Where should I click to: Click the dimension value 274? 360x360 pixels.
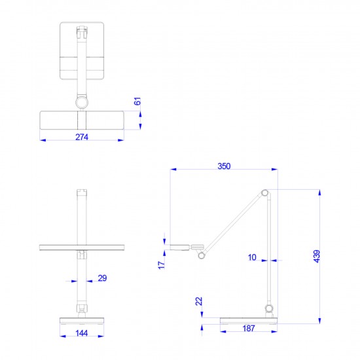(82, 137)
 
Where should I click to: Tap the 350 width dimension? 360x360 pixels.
(224, 167)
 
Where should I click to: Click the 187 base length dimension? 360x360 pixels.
(248, 329)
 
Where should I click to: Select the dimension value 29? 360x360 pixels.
(102, 279)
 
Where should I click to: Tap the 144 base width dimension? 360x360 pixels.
(82, 334)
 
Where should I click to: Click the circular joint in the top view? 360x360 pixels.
(82, 103)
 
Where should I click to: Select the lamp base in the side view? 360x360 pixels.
(248, 320)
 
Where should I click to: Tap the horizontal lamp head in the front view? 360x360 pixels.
(82, 247)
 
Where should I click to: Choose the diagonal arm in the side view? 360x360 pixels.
(232, 219)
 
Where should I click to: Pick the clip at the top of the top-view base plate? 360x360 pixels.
(82, 30)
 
